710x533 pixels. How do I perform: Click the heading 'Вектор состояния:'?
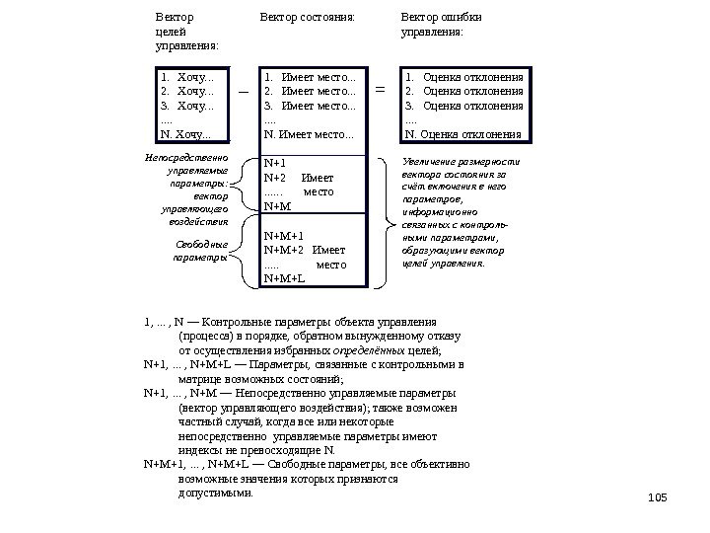click(307, 18)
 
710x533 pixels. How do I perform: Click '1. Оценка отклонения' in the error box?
click(464, 76)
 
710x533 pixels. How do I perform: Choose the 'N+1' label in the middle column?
click(275, 163)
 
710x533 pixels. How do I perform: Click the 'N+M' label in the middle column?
click(278, 206)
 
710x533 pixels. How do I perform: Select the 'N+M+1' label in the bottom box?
click(284, 236)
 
